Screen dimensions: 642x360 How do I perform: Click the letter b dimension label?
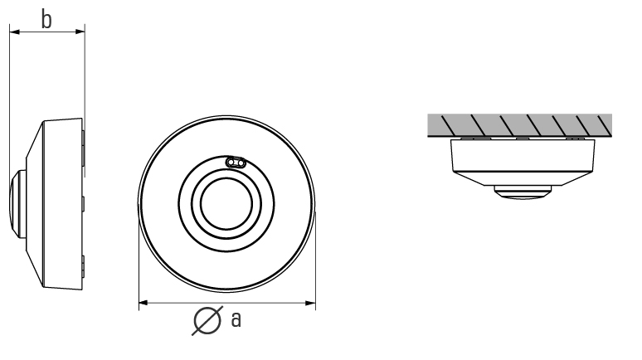46,19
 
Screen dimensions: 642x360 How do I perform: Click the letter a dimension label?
236,319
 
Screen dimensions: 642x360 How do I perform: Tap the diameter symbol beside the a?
207,320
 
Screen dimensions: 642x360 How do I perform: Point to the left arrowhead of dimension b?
15,32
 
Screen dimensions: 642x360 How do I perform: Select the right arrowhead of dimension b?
80,32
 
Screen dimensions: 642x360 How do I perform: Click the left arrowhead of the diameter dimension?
143,303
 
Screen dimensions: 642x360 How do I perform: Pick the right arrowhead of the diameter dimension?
311,303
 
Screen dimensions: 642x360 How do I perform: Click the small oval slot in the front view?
236,163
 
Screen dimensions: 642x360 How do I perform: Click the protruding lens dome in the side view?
17,204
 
